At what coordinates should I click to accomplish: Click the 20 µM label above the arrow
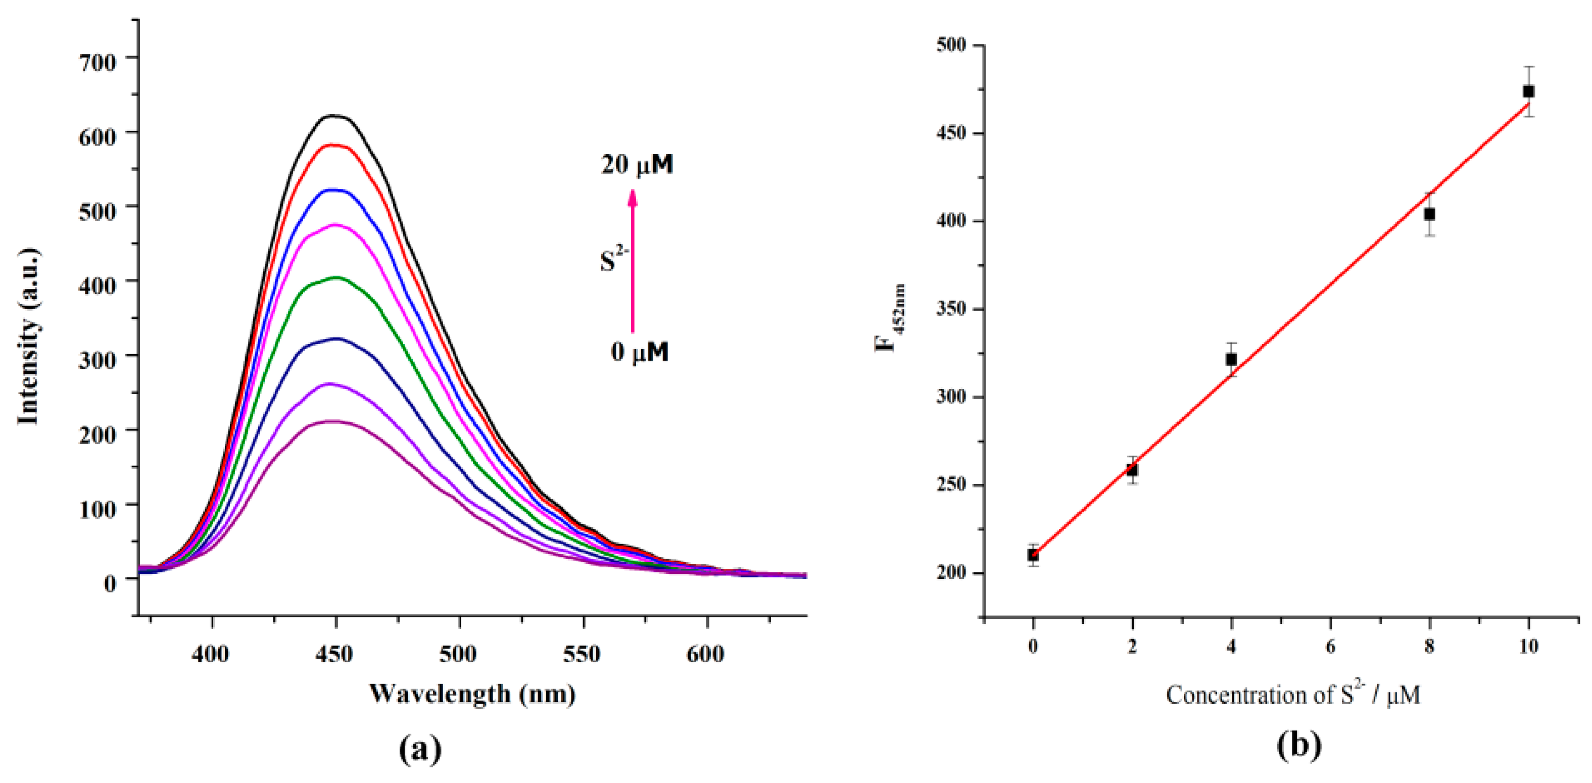[x=637, y=165]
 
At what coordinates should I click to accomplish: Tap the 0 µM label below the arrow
[x=640, y=352]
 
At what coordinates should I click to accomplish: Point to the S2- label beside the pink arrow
[x=614, y=259]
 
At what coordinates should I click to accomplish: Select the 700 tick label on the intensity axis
[x=97, y=63]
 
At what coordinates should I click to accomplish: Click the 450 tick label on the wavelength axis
[x=334, y=654]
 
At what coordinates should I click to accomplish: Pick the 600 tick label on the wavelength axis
[x=705, y=654]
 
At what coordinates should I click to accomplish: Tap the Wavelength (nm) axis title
[x=473, y=694]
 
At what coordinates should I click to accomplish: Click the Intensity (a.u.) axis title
[x=29, y=337]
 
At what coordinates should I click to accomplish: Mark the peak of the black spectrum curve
[x=334, y=116]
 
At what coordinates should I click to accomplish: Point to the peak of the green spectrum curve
[x=337, y=277]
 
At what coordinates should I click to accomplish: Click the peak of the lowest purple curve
[x=334, y=421]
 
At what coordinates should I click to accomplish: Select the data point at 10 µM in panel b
[x=1528, y=91]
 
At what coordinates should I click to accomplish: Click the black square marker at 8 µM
[x=1429, y=214]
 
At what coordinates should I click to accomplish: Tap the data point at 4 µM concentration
[x=1231, y=359]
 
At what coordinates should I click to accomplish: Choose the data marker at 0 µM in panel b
[x=1033, y=555]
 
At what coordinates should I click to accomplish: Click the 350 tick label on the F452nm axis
[x=951, y=309]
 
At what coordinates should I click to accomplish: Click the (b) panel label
[x=1298, y=745]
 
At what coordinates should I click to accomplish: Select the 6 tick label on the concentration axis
[x=1330, y=647]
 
